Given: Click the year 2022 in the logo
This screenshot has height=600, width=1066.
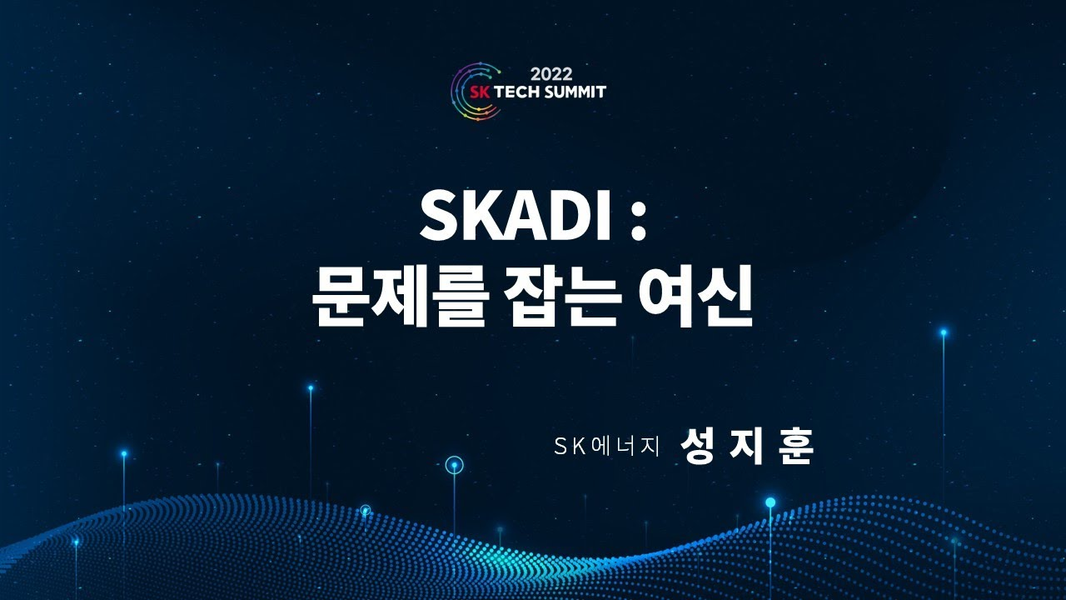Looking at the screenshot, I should pyautogui.click(x=551, y=73).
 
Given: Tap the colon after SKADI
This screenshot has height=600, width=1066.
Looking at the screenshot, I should pyautogui.click(x=638, y=218).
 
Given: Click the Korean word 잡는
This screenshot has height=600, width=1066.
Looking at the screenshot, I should pyautogui.click(x=567, y=299).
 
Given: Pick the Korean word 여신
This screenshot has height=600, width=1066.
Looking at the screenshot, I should pyautogui.click(x=698, y=299).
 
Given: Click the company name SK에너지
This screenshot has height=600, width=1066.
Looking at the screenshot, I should pyautogui.click(x=606, y=447).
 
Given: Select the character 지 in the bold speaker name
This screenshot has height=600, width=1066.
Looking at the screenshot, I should pyautogui.click(x=747, y=447).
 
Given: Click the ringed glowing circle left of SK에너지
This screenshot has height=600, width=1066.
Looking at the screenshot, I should pyautogui.click(x=454, y=465).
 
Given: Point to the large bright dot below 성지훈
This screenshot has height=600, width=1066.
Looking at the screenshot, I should pyautogui.click(x=770, y=502).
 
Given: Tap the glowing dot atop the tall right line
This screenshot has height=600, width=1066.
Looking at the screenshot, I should pyautogui.click(x=944, y=332).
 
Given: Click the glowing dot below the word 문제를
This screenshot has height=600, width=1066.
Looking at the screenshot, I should pyautogui.click(x=311, y=387).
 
